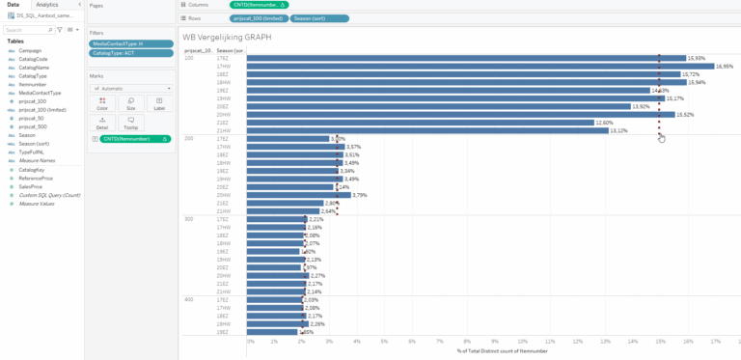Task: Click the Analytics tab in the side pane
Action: point(47,5)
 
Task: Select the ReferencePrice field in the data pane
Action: point(35,178)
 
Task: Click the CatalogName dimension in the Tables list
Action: point(34,68)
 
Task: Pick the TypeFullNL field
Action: point(33,152)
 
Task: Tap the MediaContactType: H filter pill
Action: point(128,43)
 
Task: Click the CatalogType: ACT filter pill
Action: point(128,53)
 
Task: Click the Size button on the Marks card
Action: point(131,105)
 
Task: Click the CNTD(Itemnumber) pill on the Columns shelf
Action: point(257,5)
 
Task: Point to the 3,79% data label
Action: point(360,195)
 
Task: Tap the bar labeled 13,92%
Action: point(438,106)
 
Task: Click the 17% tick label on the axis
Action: point(714,341)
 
